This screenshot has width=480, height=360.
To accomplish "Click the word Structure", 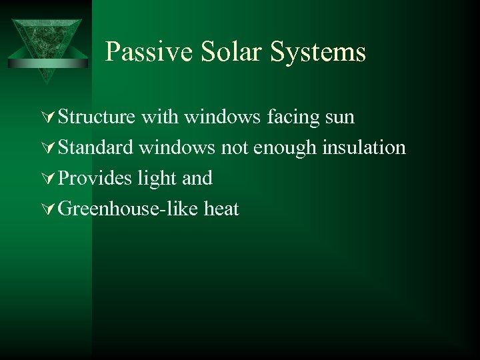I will click(97, 117).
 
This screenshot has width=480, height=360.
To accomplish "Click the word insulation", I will click(364, 148).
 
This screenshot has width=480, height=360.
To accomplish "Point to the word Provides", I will click(95, 179).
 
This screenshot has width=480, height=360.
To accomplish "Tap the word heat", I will click(221, 209).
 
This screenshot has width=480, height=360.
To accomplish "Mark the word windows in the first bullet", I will click(222, 117).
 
